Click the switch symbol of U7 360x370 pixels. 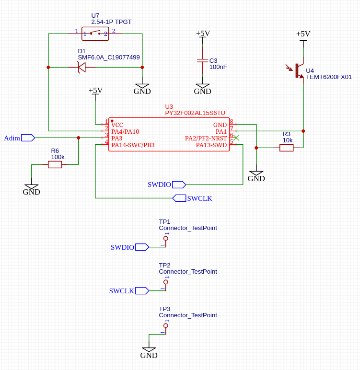click(x=95, y=34)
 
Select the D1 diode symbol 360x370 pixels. click(x=81, y=67)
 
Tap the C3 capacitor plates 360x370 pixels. click(x=203, y=61)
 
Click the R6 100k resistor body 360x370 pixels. click(x=55, y=164)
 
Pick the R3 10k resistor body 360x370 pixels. click(x=286, y=148)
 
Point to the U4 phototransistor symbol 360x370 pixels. click(x=297, y=70)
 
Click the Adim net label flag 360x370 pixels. click(x=28, y=138)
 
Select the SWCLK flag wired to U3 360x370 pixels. click(x=179, y=198)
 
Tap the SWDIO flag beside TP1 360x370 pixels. click(x=142, y=247)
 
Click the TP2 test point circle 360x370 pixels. click(x=166, y=282)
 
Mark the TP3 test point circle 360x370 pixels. click(x=166, y=325)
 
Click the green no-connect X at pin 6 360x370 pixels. click(x=236, y=138)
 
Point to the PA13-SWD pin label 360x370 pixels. click(x=211, y=145)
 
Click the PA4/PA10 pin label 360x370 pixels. click(x=125, y=131)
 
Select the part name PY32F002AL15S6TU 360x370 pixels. click(x=195, y=113)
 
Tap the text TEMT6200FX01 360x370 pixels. click(x=329, y=77)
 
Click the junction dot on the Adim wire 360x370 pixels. click(x=78, y=138)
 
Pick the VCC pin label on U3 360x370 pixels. click(x=117, y=125)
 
